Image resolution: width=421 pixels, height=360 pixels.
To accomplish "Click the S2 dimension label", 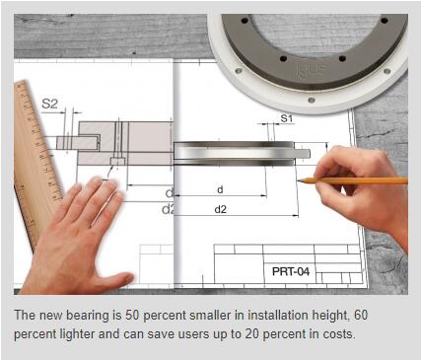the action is tap(49, 104).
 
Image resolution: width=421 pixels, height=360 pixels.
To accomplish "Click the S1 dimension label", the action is tap(286, 118).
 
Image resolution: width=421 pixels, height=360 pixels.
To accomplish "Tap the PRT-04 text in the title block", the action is tap(291, 271).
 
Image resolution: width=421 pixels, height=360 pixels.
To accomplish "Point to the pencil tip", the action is tap(299, 180).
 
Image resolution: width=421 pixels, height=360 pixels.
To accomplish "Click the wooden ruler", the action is tap(35, 158).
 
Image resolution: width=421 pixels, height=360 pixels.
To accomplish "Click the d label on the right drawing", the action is tap(220, 189).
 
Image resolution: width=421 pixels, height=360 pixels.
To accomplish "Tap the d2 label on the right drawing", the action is tap(221, 209).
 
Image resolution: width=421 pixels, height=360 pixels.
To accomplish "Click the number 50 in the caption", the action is tap(132, 315).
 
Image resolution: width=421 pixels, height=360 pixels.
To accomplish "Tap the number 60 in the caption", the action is tap(361, 315).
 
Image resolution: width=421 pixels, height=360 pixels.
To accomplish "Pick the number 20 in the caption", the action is tap(251, 334).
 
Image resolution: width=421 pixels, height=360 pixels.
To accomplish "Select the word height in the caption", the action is tap(329, 316).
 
